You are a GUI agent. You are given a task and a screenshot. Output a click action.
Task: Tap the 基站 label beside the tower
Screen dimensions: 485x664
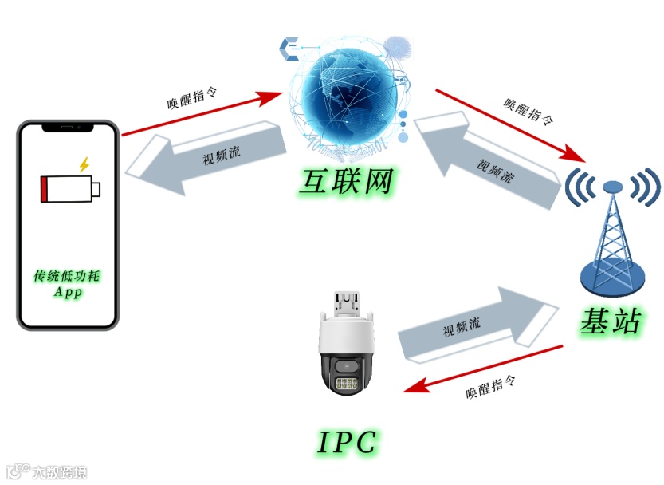pyautogui.click(x=610, y=321)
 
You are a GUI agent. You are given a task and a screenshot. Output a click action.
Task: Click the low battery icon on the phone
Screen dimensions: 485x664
pyautogui.click(x=71, y=189)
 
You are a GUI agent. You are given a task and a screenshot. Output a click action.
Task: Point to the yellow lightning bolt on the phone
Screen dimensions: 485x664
pyautogui.click(x=84, y=164)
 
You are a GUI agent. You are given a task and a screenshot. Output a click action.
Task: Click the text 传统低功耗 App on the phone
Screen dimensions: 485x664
pyautogui.click(x=69, y=283)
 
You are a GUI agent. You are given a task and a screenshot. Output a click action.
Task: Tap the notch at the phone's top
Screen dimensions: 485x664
pyautogui.click(x=69, y=127)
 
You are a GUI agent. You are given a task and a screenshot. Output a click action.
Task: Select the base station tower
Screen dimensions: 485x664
pyautogui.click(x=611, y=235)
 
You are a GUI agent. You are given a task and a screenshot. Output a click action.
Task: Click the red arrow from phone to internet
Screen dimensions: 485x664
pyautogui.click(x=202, y=113)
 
